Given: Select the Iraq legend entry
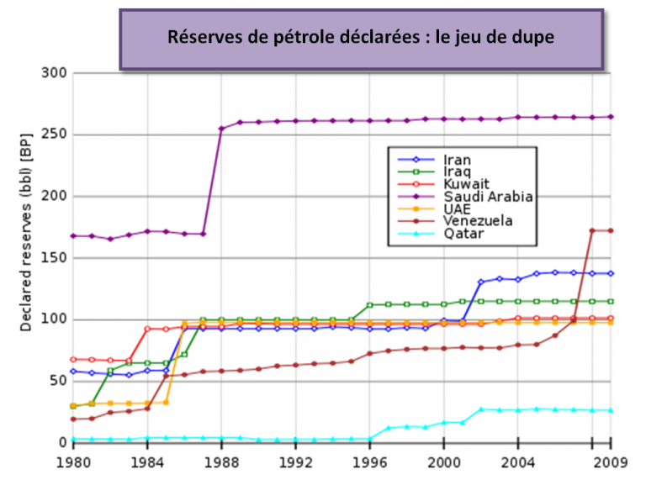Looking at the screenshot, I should [455, 172].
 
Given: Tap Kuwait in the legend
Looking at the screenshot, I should [462, 184].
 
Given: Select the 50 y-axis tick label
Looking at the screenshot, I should [56, 382].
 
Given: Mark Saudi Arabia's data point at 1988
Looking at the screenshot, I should [221, 129].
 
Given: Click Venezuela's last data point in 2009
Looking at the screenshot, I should [612, 230].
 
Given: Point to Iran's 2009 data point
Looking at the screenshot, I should [612, 273].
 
